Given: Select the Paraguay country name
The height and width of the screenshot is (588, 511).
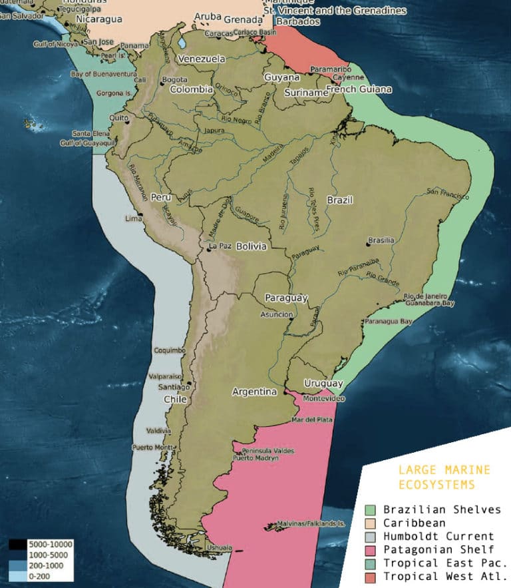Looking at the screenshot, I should (x=286, y=298).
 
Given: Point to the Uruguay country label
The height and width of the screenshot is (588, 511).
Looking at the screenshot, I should (x=323, y=384).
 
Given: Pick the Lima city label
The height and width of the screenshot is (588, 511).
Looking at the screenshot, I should (x=134, y=218).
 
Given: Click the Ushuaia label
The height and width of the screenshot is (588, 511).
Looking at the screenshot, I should (x=220, y=548).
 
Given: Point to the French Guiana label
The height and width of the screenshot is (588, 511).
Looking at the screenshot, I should (x=358, y=89).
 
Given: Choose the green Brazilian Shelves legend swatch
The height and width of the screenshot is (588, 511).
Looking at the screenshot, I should (x=370, y=510).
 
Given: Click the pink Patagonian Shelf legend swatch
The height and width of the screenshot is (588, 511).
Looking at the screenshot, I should (x=370, y=549).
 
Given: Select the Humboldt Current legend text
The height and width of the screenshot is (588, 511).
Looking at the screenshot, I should (x=438, y=536).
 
